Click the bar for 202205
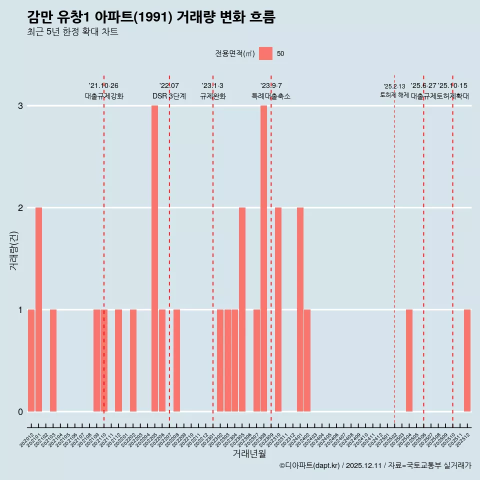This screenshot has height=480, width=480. [x=154, y=258]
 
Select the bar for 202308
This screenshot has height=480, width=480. [x=263, y=258]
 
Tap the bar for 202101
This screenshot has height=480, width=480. [x=38, y=309]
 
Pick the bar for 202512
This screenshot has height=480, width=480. [x=467, y=360]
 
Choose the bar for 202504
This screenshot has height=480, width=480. [x=409, y=360]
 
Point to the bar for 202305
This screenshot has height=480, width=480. [x=242, y=309]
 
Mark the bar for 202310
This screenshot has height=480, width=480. [x=278, y=309]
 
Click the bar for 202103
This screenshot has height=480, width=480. [x=53, y=360]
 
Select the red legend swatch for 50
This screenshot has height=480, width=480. [x=265, y=53]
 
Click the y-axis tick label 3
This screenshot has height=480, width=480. [x=20, y=106]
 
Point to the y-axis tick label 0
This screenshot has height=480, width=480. [x=20, y=411]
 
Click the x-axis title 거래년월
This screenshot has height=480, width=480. [x=249, y=453]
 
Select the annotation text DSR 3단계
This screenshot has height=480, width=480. [x=169, y=96]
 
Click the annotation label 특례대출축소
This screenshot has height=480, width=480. [x=270, y=96]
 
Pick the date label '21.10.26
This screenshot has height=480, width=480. [x=103, y=86]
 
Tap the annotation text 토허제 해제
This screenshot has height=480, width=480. [x=394, y=95]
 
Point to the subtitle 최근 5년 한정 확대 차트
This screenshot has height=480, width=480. [x=72, y=32]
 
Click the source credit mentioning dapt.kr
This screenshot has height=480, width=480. [x=375, y=465]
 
